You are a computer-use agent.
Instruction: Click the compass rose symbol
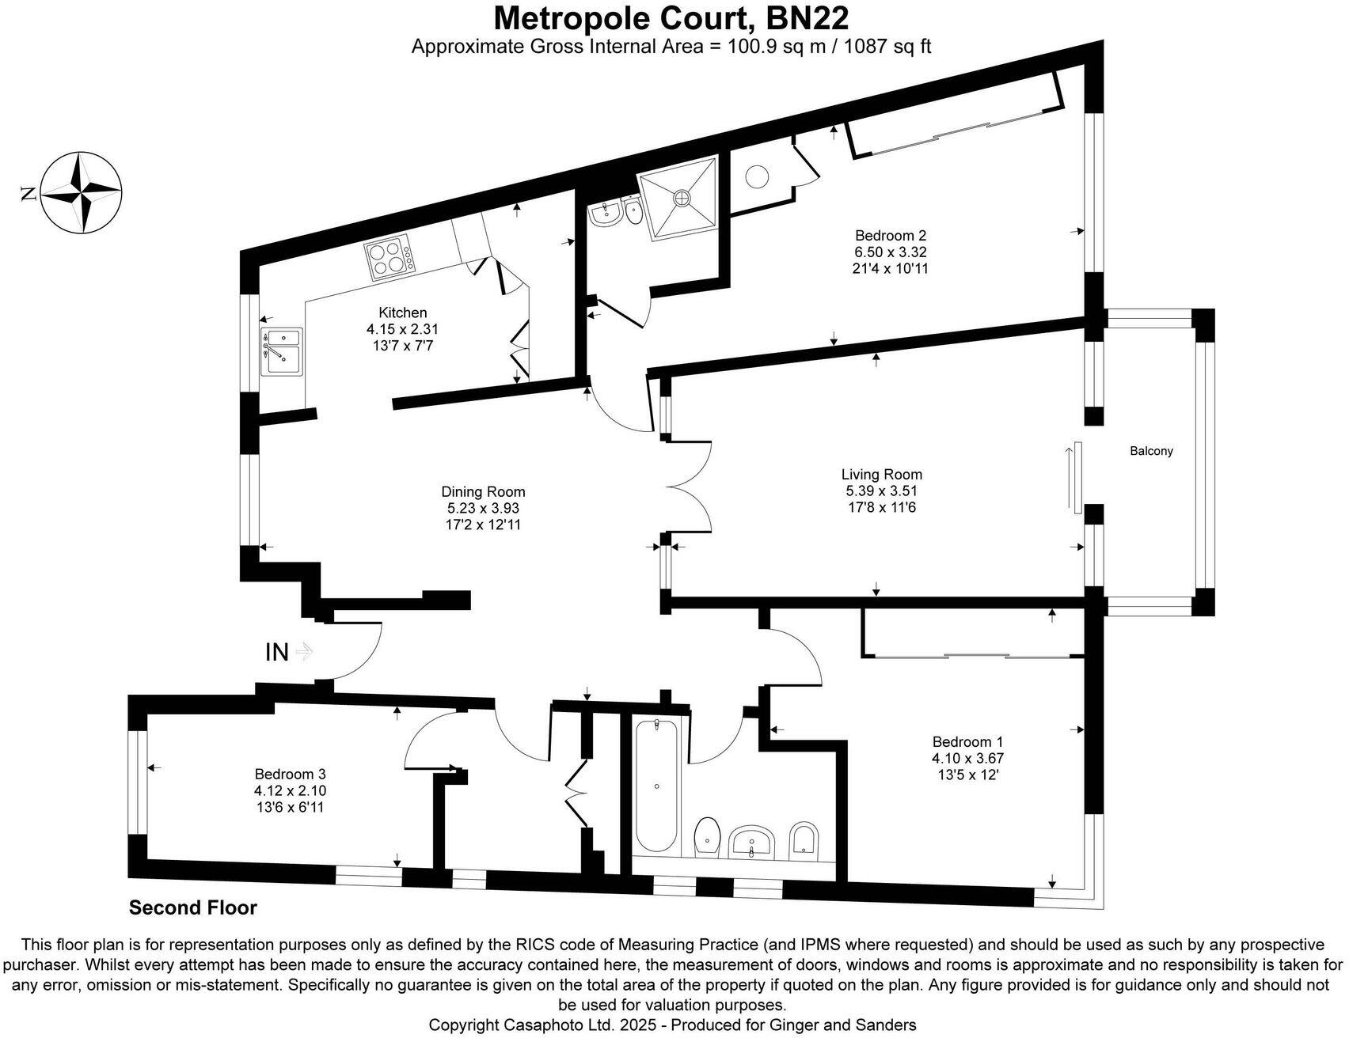[81, 193]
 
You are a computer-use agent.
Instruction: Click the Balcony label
[1151, 451]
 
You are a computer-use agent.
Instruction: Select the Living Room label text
[881, 475]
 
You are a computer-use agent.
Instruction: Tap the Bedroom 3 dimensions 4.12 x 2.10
[290, 790]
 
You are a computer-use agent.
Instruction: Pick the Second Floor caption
[193, 907]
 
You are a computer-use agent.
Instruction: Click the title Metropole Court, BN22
[671, 17]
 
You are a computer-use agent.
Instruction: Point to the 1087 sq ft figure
[887, 47]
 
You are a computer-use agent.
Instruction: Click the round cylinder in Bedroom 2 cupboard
[758, 176]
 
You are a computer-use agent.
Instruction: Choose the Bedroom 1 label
[967, 741]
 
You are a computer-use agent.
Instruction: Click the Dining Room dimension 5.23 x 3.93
[483, 509]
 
